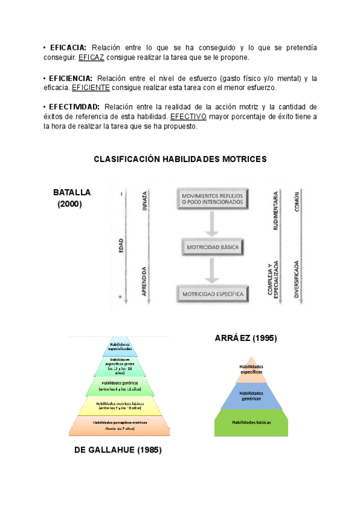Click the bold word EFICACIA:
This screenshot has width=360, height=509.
pyautogui.click(x=68, y=47)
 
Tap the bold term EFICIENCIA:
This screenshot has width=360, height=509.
pyautogui.click(x=71, y=78)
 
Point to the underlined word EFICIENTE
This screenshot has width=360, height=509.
pyautogui.click(x=90, y=88)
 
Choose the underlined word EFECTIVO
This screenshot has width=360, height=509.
pyautogui.click(x=188, y=116)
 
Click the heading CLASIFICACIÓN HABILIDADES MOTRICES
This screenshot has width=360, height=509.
pyautogui.click(x=180, y=159)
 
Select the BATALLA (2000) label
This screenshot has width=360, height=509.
pyautogui.click(x=71, y=198)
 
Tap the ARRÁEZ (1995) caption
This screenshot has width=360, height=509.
pyautogui.click(x=245, y=338)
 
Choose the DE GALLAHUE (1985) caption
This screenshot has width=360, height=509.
pyautogui.click(x=118, y=450)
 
